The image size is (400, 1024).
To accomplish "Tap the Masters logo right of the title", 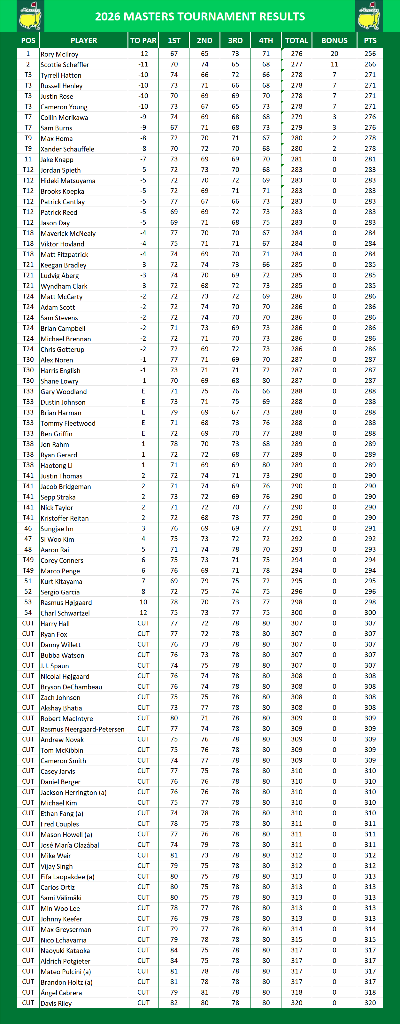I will coord(369,16).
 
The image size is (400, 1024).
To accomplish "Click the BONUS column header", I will coord(334,41).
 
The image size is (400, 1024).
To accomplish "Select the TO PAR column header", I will coord(143,41).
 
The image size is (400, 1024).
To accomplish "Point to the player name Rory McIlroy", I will coord(59,54).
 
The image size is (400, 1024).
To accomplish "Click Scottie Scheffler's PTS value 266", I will coord(370,64).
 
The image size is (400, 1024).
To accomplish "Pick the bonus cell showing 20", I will coord(334,54).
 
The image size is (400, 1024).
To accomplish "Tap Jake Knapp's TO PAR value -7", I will coord(143,159).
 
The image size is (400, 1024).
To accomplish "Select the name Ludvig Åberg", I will coord(59,275).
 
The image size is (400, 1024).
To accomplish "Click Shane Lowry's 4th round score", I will coord(266,380).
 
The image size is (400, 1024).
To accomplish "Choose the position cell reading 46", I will coord(28,528).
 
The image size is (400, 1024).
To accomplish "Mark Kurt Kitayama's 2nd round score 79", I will coord(204,581).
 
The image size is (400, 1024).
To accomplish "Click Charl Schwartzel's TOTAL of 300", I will coord(296,613).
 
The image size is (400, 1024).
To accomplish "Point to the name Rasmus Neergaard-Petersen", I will coord(82,729).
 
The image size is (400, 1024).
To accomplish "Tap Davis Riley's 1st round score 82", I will coord(174,1003).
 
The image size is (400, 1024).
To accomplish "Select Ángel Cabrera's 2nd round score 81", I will coord(204,992).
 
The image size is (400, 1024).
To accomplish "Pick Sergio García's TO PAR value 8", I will coord(143,592).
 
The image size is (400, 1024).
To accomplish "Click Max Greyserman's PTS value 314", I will coord(370,929).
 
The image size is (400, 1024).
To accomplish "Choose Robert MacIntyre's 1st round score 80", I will coord(174,718).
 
